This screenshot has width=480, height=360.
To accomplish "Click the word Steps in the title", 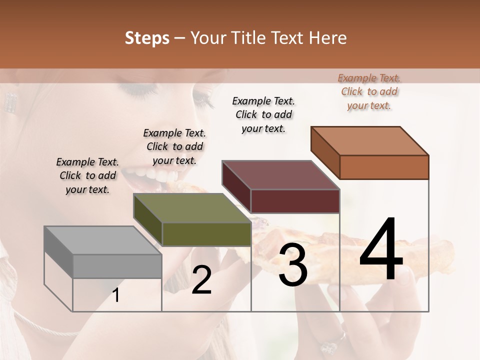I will (x=147, y=38).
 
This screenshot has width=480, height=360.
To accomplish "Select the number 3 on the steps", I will (x=292, y=265).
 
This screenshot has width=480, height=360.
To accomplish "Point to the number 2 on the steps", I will (x=201, y=279).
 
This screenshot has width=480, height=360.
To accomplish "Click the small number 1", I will (x=116, y=295).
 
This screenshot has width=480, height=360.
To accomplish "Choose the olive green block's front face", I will (x=206, y=234).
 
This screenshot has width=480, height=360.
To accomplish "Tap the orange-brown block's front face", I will (x=384, y=167).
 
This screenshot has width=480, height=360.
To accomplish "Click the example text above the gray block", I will (x=87, y=175).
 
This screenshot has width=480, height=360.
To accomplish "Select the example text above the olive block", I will (x=174, y=146).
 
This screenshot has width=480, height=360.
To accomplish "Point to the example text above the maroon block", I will (x=263, y=114).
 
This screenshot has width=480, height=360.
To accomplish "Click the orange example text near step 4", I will (x=369, y=91).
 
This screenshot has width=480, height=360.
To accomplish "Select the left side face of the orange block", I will (x=325, y=152).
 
